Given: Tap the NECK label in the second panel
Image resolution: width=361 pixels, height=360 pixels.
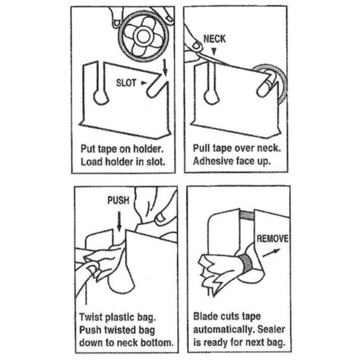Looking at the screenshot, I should [213, 38].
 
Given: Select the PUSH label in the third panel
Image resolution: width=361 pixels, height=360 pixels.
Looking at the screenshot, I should [118, 200].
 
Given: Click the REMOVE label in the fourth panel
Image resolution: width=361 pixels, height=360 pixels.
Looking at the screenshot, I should [272, 238].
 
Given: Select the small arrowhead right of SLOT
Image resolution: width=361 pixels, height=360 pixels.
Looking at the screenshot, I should [145, 81].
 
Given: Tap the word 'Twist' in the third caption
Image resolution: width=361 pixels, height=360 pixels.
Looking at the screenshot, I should [92, 317].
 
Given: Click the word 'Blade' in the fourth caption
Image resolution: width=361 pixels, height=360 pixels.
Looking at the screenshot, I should [206, 317].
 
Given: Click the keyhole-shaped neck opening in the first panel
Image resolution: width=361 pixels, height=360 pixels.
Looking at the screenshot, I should [100, 95].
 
